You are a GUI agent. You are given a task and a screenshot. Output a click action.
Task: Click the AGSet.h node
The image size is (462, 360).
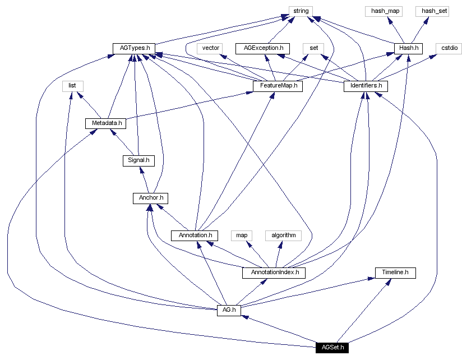click(332, 347)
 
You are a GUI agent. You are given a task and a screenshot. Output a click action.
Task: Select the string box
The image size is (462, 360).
click(301, 11)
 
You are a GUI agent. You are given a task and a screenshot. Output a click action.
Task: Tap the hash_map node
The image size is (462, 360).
click(384, 11)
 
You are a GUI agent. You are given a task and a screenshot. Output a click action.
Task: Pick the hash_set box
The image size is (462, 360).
click(432, 11)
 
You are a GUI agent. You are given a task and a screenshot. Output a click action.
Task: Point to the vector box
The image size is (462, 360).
click(211, 48)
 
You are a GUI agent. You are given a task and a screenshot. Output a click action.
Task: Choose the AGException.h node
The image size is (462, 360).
click(263, 48)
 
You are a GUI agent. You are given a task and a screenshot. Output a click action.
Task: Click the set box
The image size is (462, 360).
click(314, 48)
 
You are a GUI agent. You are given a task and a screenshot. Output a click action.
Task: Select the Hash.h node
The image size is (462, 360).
click(408, 48)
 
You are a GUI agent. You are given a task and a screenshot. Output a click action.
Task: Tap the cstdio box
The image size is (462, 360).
click(450, 48)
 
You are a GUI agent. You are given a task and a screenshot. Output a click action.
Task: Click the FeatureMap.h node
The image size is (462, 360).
click(278, 86)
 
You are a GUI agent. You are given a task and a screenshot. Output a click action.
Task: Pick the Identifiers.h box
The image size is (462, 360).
click(366, 86)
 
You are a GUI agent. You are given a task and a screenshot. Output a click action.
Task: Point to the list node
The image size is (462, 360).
click(72, 86)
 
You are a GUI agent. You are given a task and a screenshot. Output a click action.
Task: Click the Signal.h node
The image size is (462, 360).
click(138, 160)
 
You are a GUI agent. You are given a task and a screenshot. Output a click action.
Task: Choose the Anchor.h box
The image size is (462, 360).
click(150, 198)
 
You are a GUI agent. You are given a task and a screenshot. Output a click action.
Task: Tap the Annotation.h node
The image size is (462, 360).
click(195, 235)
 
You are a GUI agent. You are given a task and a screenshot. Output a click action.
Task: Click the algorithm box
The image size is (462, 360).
click(283, 235)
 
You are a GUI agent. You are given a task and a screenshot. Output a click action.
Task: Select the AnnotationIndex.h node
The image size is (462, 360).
click(274, 273)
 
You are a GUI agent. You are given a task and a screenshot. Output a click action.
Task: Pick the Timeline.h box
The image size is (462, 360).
click(395, 273)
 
